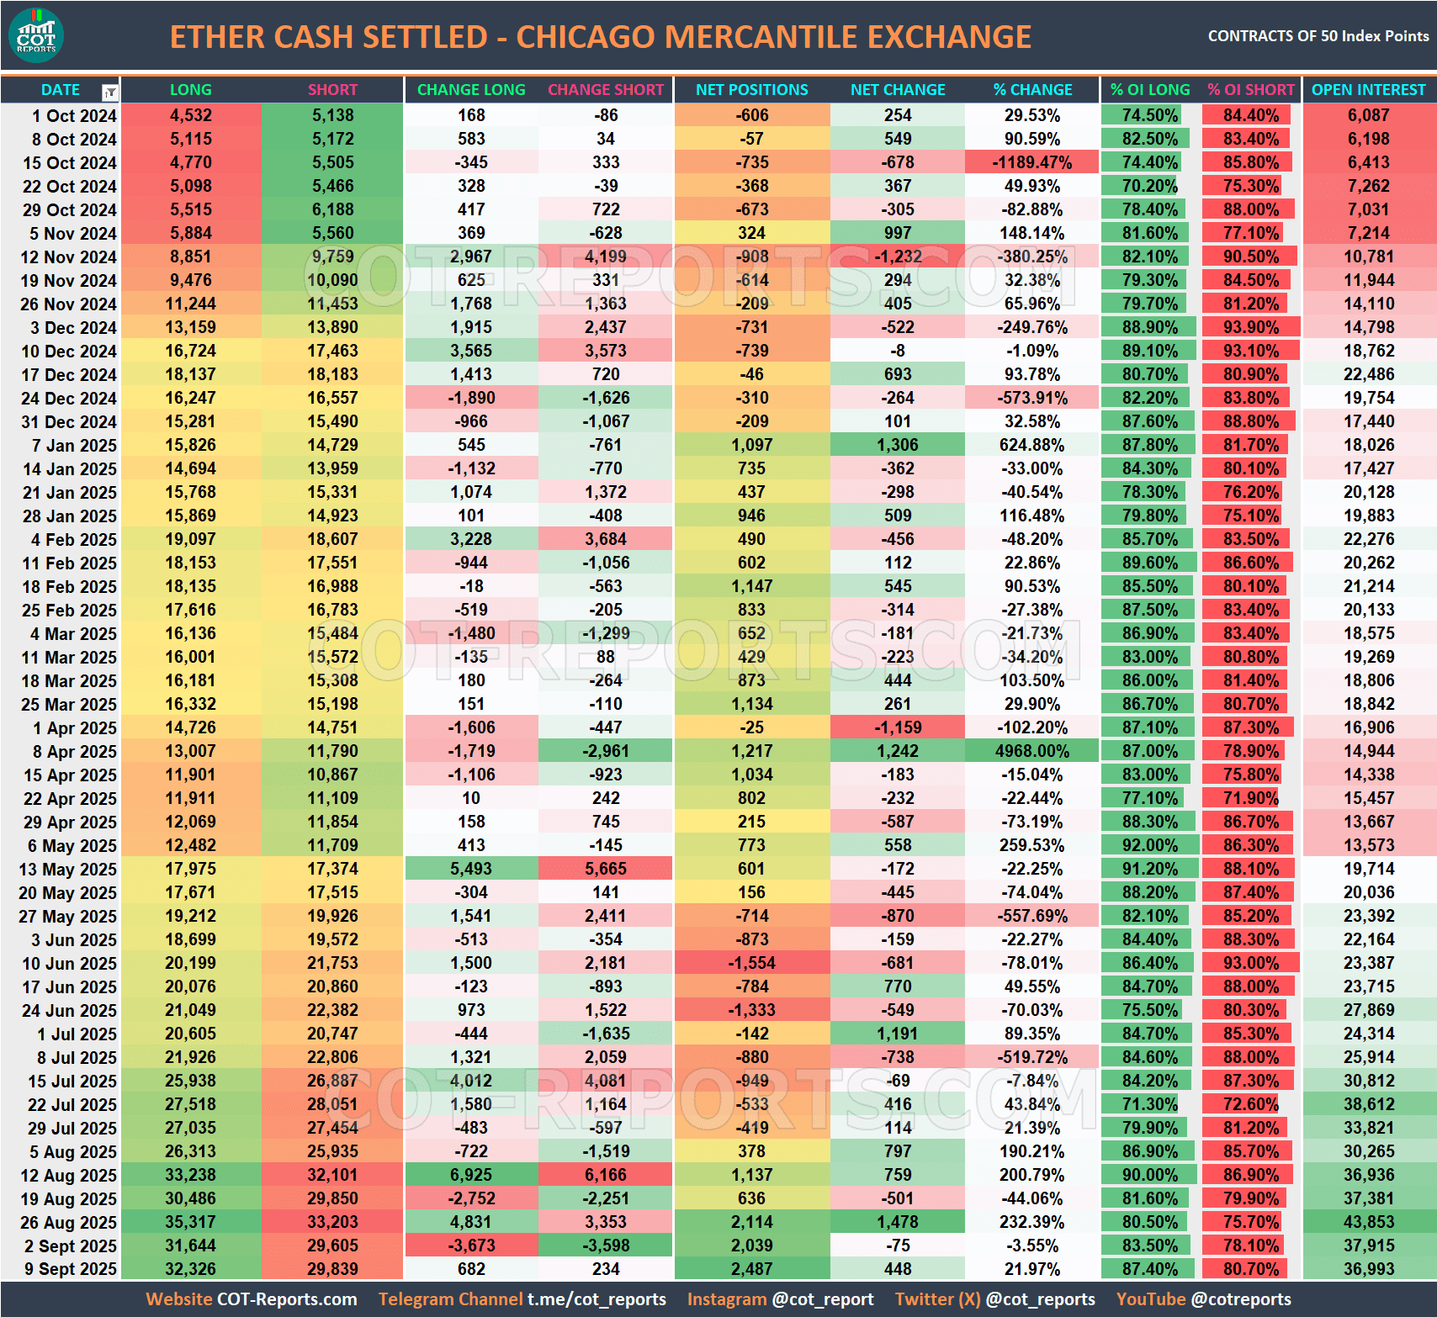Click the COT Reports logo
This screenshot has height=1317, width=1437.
35,35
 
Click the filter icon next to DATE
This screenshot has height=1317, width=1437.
110,92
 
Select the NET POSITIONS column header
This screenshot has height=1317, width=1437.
751,90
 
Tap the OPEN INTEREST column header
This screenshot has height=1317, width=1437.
1368,90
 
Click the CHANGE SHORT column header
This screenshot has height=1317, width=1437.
606,90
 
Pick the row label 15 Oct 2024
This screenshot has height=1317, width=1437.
69,163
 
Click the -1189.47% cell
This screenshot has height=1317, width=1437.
1031,162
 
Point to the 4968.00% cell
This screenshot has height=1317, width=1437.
1031,751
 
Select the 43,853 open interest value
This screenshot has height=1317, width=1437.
1368,1222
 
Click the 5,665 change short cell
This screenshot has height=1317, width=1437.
606,869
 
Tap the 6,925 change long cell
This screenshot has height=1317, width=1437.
471,1175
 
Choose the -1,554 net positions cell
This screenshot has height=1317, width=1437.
751,963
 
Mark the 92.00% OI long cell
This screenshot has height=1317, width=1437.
1149,845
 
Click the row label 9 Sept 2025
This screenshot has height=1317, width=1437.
71,1269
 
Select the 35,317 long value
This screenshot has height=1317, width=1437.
190,1222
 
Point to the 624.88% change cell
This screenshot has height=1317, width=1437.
1031,445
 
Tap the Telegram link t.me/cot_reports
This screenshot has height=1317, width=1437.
597,1299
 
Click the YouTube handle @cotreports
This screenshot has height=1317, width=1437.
1241,1299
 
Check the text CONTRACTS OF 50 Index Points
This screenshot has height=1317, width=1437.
1318,36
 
